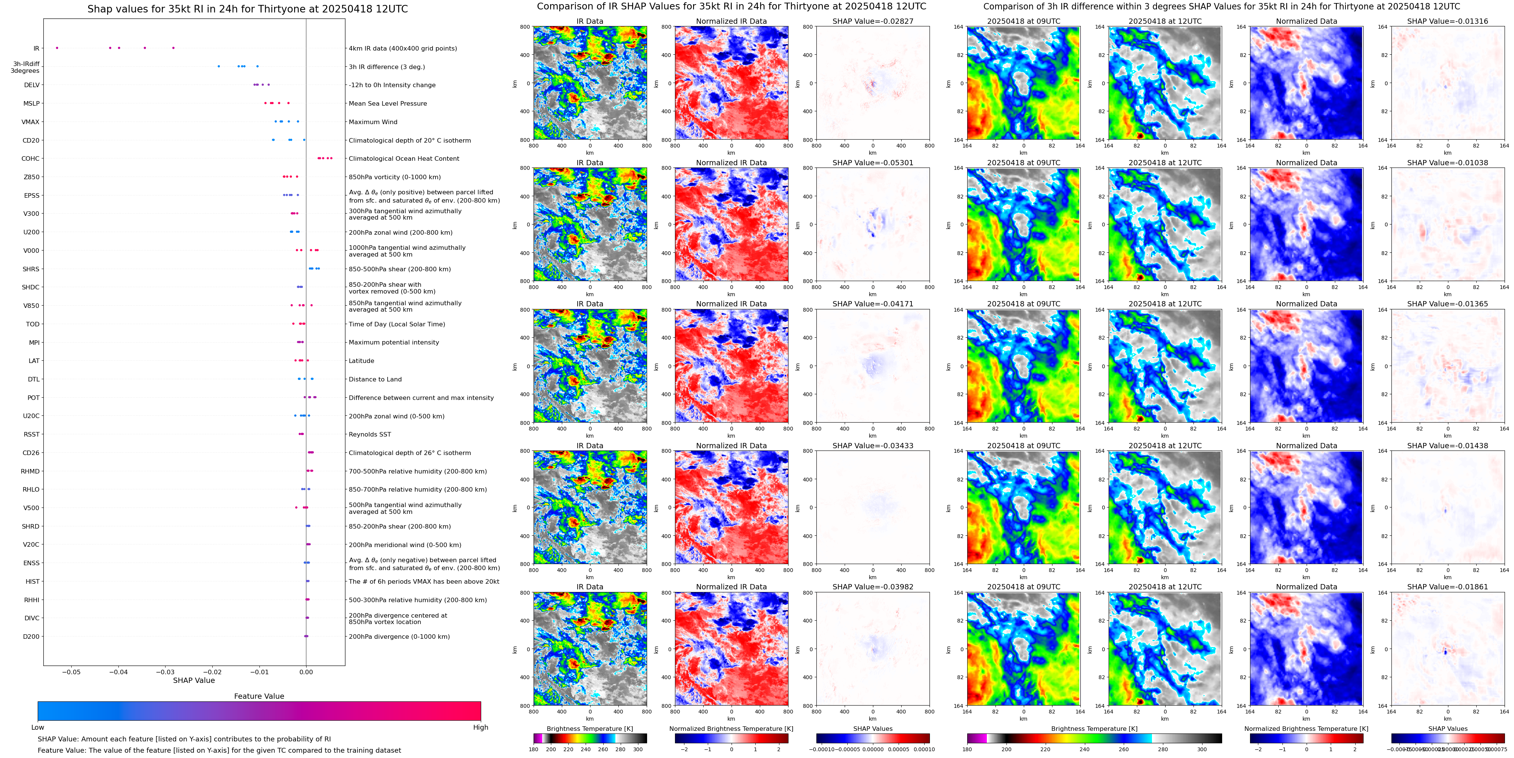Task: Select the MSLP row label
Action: (31, 103)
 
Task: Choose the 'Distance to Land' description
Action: (375, 379)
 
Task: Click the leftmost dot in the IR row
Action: (57, 48)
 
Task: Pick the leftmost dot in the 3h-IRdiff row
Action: (219, 66)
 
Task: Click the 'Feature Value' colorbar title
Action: (259, 696)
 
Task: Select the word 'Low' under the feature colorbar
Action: (38, 727)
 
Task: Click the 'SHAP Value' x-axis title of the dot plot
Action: (193, 680)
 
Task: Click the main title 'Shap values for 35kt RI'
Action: (247, 9)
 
